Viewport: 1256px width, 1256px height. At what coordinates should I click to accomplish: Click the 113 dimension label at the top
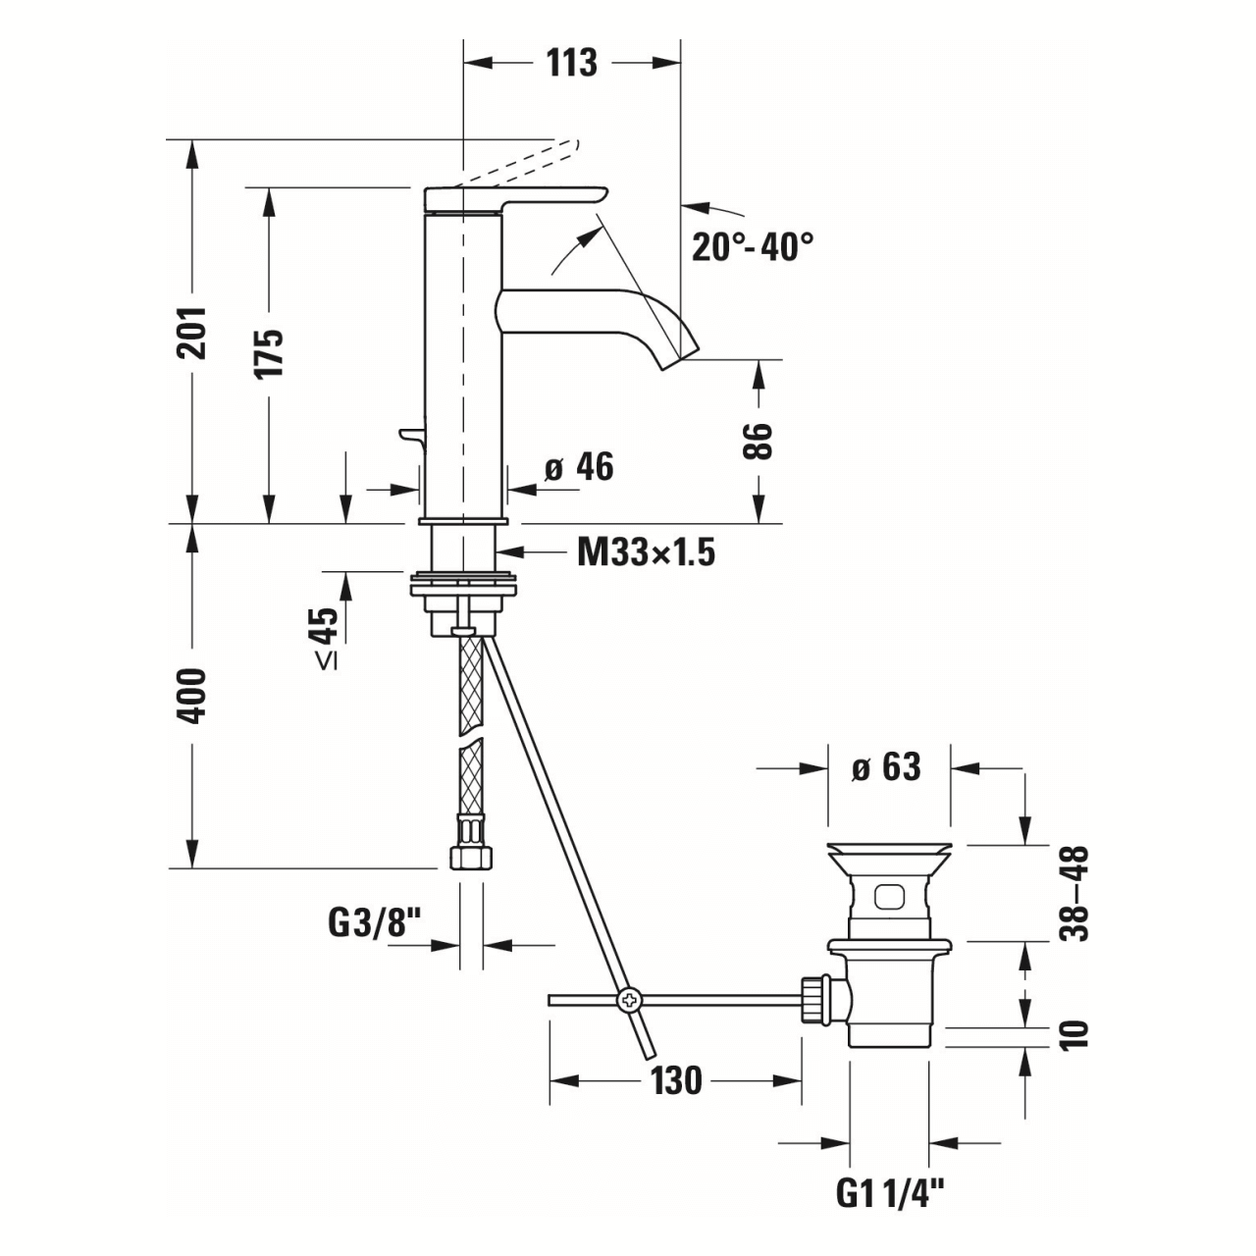pyautogui.click(x=571, y=63)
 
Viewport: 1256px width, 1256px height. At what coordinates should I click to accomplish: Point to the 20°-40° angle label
pyautogui.click(x=753, y=246)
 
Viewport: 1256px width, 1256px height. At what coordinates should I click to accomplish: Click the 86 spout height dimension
pyautogui.click(x=759, y=442)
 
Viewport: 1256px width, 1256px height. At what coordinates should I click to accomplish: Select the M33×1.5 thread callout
pyautogui.click(x=646, y=553)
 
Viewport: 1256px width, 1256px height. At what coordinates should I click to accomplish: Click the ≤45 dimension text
pyautogui.click(x=327, y=638)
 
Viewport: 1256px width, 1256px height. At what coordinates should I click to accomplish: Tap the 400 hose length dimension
pyautogui.click(x=192, y=696)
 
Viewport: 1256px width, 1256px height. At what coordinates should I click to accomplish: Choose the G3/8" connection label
pyautogui.click(x=374, y=923)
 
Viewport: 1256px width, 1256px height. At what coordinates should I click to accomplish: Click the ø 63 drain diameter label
pyautogui.click(x=886, y=766)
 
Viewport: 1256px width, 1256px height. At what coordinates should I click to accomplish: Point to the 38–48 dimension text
pyautogui.click(x=1076, y=893)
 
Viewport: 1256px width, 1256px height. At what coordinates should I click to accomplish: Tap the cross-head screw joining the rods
pyautogui.click(x=628, y=1000)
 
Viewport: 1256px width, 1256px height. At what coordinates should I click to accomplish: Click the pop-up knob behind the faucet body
pyautogui.click(x=408, y=435)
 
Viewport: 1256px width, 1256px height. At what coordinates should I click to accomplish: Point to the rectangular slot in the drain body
pyautogui.click(x=890, y=896)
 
